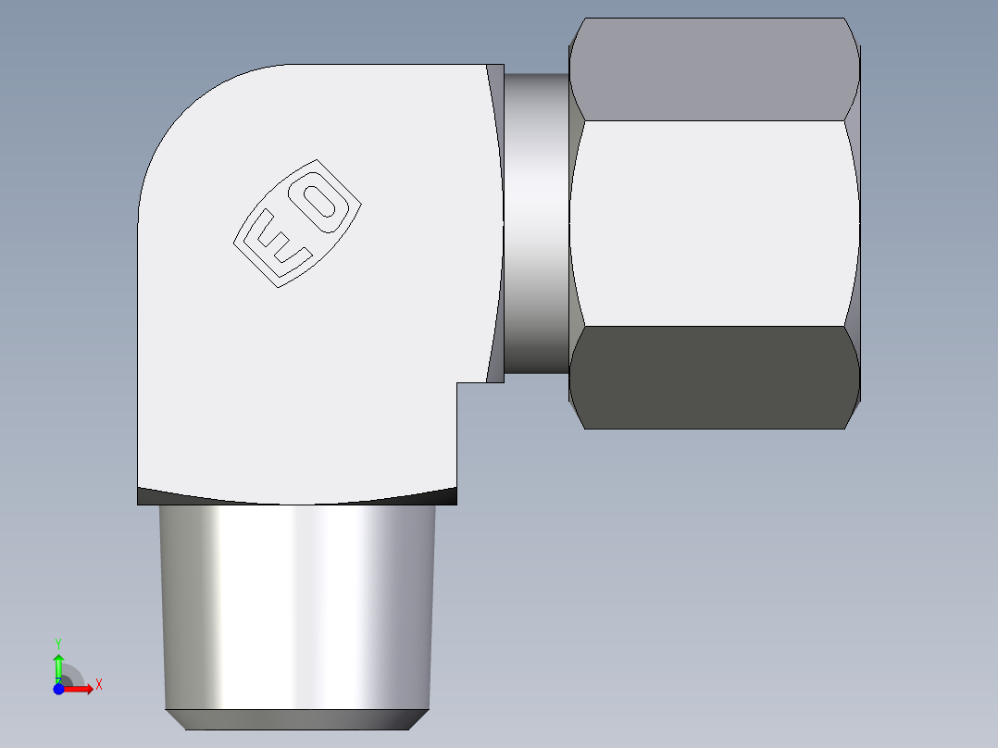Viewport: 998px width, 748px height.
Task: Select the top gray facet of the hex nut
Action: pos(711,69)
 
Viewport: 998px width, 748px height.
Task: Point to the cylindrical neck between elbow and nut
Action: pos(536,222)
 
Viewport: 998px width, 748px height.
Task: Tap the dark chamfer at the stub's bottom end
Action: pos(296,719)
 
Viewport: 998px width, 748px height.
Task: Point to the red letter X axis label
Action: pos(98,685)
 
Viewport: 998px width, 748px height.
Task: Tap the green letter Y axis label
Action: pos(58,642)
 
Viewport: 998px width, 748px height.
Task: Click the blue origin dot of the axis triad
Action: pos(58,689)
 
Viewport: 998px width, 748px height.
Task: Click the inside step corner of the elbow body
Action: pos(456,383)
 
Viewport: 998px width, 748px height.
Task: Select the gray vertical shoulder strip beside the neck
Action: pos(495,222)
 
